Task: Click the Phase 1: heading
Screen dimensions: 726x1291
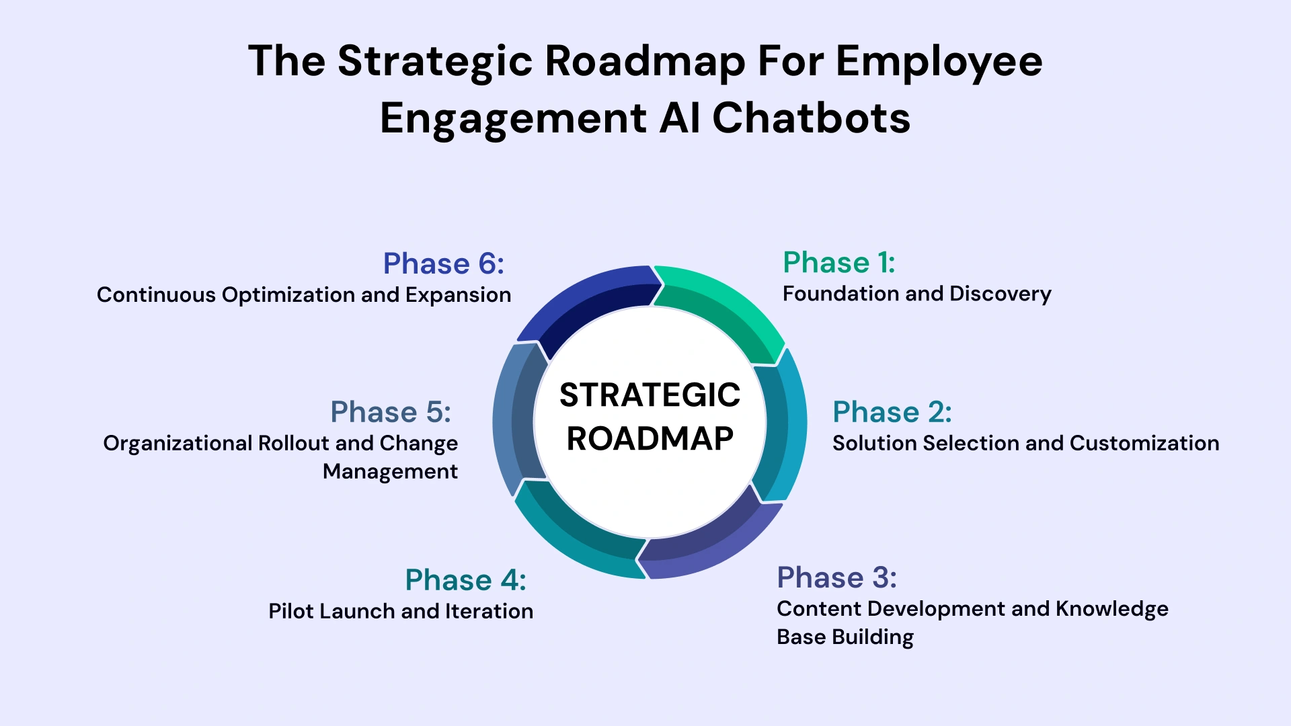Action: tap(838, 263)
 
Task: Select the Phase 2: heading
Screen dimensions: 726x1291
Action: tap(892, 412)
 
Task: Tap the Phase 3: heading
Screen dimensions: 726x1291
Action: tap(836, 577)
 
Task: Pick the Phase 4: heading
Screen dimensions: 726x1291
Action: tap(465, 580)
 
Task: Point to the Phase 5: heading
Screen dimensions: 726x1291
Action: tap(391, 412)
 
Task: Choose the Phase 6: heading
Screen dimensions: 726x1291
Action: tap(443, 264)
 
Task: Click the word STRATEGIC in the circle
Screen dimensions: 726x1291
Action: tap(650, 395)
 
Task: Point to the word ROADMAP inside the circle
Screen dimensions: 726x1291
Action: tap(650, 439)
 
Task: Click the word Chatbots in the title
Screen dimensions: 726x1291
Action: tap(811, 118)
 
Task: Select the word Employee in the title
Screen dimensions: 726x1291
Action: tap(939, 61)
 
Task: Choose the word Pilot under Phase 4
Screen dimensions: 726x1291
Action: tap(290, 611)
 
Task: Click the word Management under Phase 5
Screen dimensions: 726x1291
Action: tap(390, 471)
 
